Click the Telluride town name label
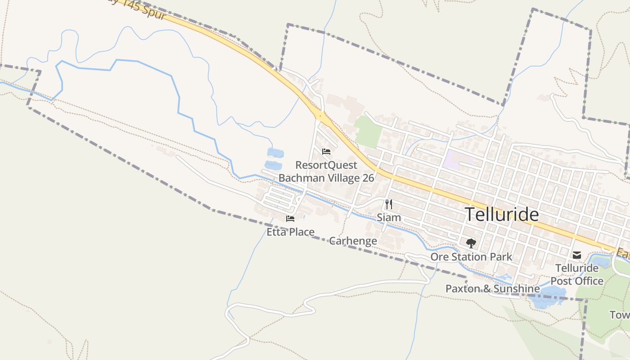click(x=501, y=214)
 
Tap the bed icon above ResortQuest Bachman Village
click(x=326, y=152)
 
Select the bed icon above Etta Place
click(x=290, y=219)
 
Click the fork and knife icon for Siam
click(x=389, y=204)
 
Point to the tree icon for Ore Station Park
click(x=471, y=243)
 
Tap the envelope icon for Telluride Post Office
click(x=576, y=255)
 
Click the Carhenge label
click(x=353, y=241)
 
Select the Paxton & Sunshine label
click(x=492, y=288)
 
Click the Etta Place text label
click(x=290, y=232)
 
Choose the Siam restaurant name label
click(x=389, y=218)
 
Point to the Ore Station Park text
click(x=471, y=257)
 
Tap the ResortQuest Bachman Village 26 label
click(x=326, y=171)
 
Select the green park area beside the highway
click(x=368, y=131)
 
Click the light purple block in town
click(x=456, y=160)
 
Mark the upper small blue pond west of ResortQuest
click(x=275, y=153)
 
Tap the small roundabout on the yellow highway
click(x=320, y=116)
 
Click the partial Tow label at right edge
click(x=620, y=315)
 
